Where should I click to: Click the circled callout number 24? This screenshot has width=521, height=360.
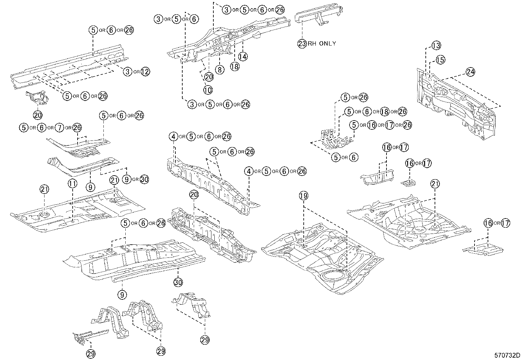(x=470, y=72)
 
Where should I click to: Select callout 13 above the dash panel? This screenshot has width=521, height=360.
(x=436, y=46)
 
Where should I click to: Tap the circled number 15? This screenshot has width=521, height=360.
(x=440, y=60)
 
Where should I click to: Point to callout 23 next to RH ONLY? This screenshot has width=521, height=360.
(x=302, y=44)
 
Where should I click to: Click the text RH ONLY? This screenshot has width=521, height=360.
(x=322, y=44)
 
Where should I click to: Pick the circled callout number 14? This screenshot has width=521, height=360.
(x=243, y=57)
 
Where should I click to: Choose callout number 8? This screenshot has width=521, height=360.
(x=220, y=70)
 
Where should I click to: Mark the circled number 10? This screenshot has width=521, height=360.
(x=208, y=90)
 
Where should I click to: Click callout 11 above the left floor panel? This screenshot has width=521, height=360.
(x=73, y=184)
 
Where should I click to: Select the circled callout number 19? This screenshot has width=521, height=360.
(x=303, y=196)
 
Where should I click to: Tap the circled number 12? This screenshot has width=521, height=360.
(x=145, y=72)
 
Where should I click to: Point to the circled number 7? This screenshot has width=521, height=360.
(x=60, y=128)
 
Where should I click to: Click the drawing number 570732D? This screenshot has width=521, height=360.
(x=507, y=355)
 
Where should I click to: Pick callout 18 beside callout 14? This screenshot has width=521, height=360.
(x=235, y=66)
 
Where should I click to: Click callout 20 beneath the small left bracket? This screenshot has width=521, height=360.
(x=38, y=115)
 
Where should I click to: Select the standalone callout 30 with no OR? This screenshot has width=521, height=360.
(x=178, y=282)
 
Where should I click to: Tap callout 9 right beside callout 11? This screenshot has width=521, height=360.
(x=90, y=187)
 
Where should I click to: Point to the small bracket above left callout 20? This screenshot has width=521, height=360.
(x=37, y=98)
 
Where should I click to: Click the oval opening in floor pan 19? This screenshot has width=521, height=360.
(x=333, y=276)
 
